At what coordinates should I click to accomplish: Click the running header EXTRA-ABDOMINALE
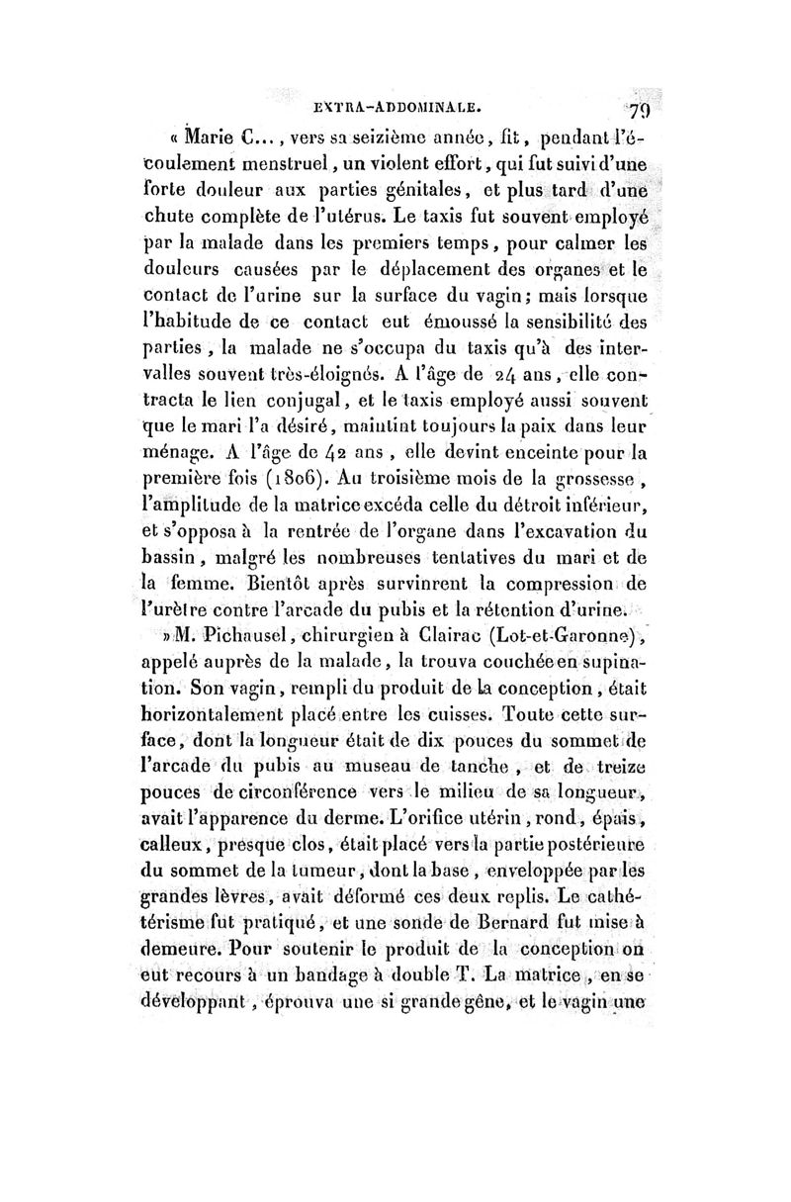point(409,100)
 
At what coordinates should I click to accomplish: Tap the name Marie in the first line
point(208,134)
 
